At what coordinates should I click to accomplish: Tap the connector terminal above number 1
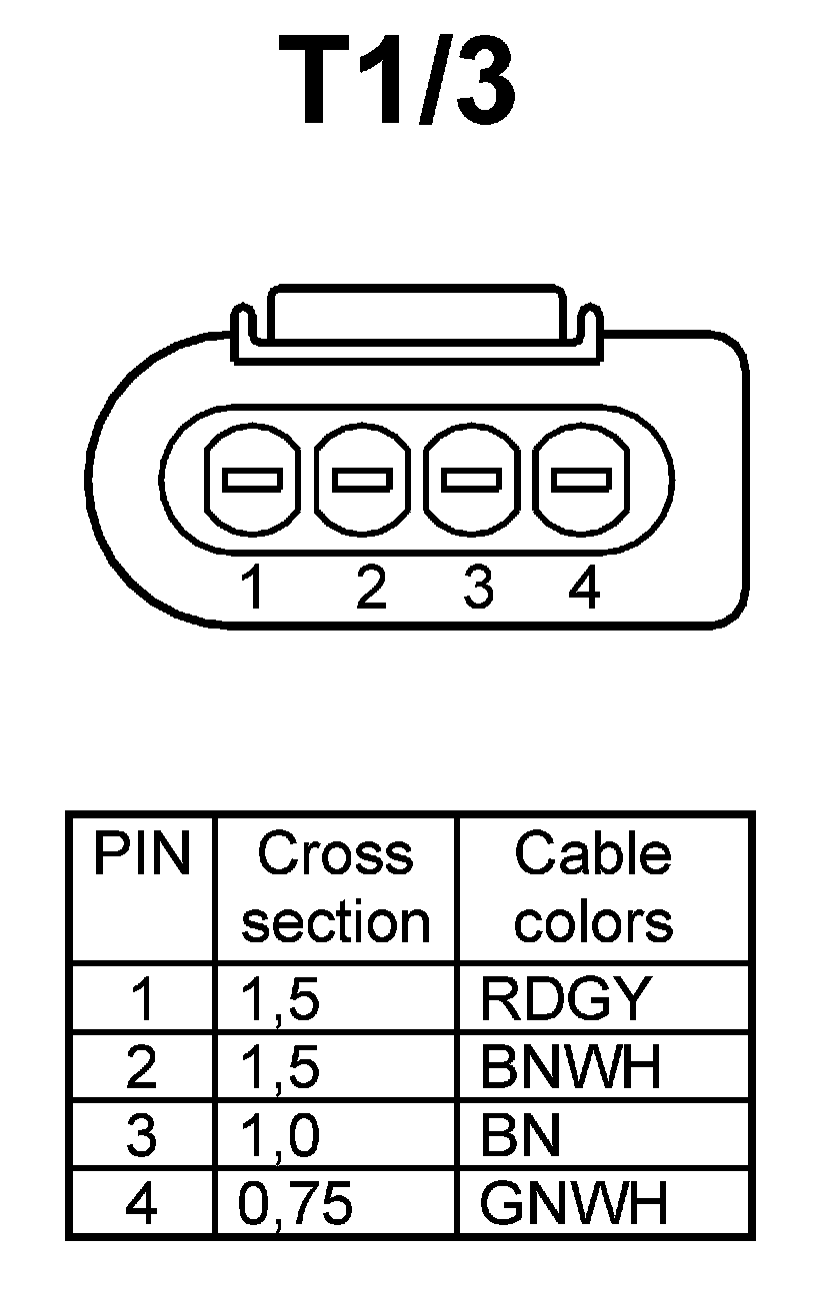point(250,480)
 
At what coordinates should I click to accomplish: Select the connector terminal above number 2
point(361,480)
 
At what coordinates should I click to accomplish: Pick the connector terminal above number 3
point(471,480)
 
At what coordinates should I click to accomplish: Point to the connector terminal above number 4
point(582,480)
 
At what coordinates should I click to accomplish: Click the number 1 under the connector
point(254,588)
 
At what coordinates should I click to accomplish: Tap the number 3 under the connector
point(479,588)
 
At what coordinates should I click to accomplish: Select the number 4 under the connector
point(584,588)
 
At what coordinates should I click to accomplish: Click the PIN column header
point(141,855)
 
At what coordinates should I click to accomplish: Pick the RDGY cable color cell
point(566,998)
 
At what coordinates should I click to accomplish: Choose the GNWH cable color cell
point(573,1205)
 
